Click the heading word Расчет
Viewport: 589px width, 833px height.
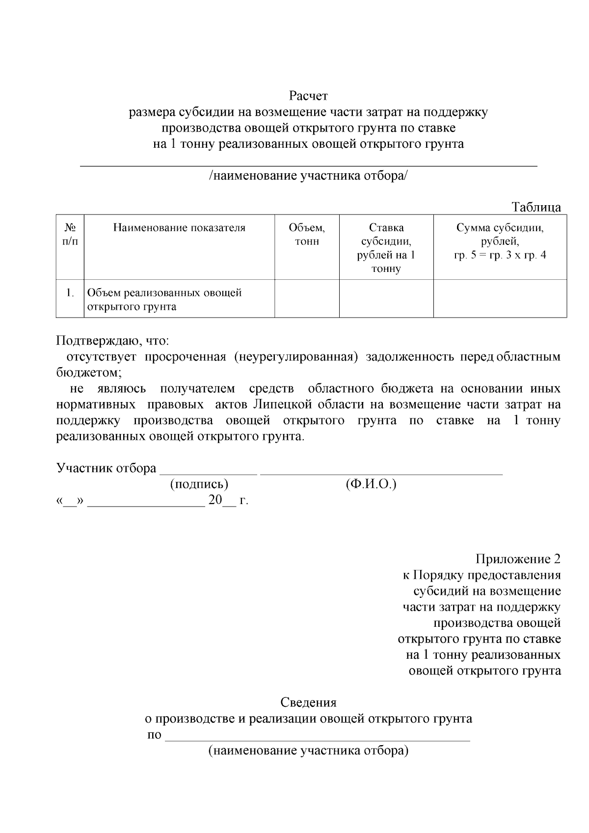point(308,95)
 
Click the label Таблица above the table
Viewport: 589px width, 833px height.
point(536,207)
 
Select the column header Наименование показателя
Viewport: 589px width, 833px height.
point(179,228)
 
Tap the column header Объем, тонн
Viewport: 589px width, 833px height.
point(307,234)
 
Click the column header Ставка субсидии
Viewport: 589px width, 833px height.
point(386,248)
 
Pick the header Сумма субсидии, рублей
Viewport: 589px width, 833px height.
point(500,241)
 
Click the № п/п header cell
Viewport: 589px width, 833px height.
point(70,234)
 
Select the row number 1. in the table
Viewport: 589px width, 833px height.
point(70,293)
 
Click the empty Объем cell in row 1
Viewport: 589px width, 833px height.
point(307,299)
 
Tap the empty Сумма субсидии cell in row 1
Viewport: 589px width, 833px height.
point(500,299)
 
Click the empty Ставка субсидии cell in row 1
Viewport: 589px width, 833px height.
point(386,299)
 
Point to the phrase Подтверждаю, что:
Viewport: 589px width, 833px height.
point(112,340)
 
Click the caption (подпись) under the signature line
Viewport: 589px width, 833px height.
point(199,484)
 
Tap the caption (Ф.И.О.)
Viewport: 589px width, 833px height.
point(371,484)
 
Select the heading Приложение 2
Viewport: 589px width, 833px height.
point(518,559)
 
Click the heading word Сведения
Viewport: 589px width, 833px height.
point(308,702)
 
